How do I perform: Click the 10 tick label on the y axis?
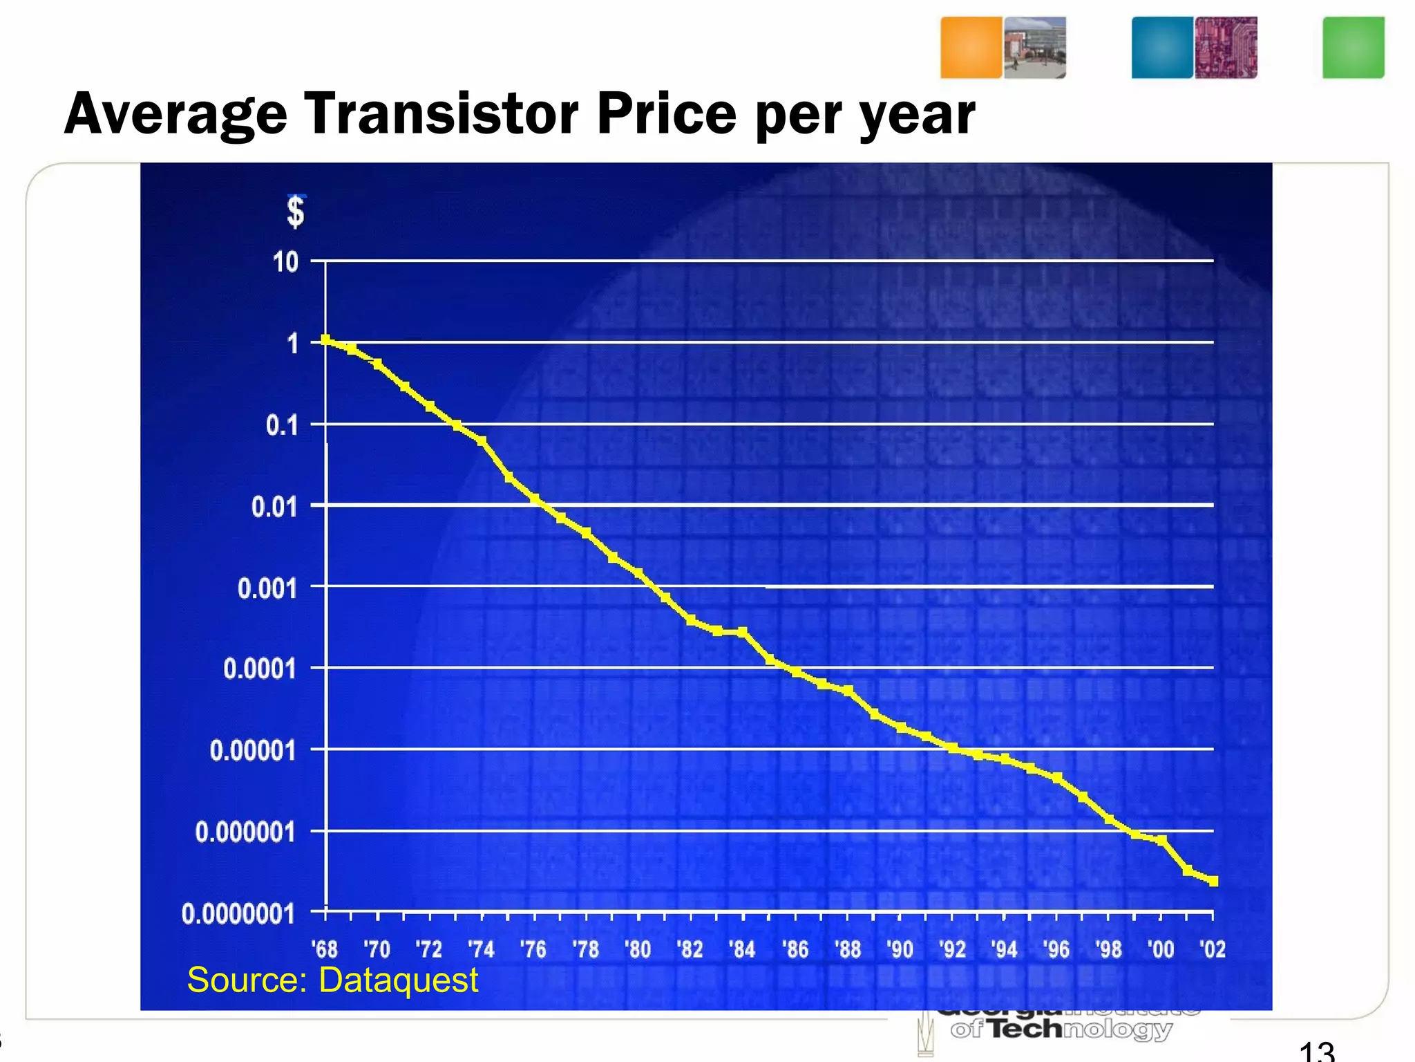(x=285, y=263)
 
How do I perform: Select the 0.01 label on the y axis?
(x=274, y=507)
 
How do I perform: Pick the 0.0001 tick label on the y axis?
(x=260, y=669)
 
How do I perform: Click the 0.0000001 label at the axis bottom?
(x=238, y=914)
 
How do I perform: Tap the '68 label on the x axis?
(x=325, y=949)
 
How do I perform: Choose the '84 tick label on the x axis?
(x=743, y=949)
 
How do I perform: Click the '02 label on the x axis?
(x=1213, y=949)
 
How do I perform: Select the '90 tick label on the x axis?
(x=900, y=949)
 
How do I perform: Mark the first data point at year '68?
(x=325, y=339)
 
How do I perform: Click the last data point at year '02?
(x=1213, y=881)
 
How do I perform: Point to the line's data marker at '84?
(x=743, y=632)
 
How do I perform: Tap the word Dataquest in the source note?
(x=398, y=980)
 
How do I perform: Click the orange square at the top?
(x=971, y=47)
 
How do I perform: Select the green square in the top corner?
(x=1353, y=47)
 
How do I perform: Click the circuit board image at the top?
(x=1226, y=47)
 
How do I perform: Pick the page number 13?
(x=1316, y=1051)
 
